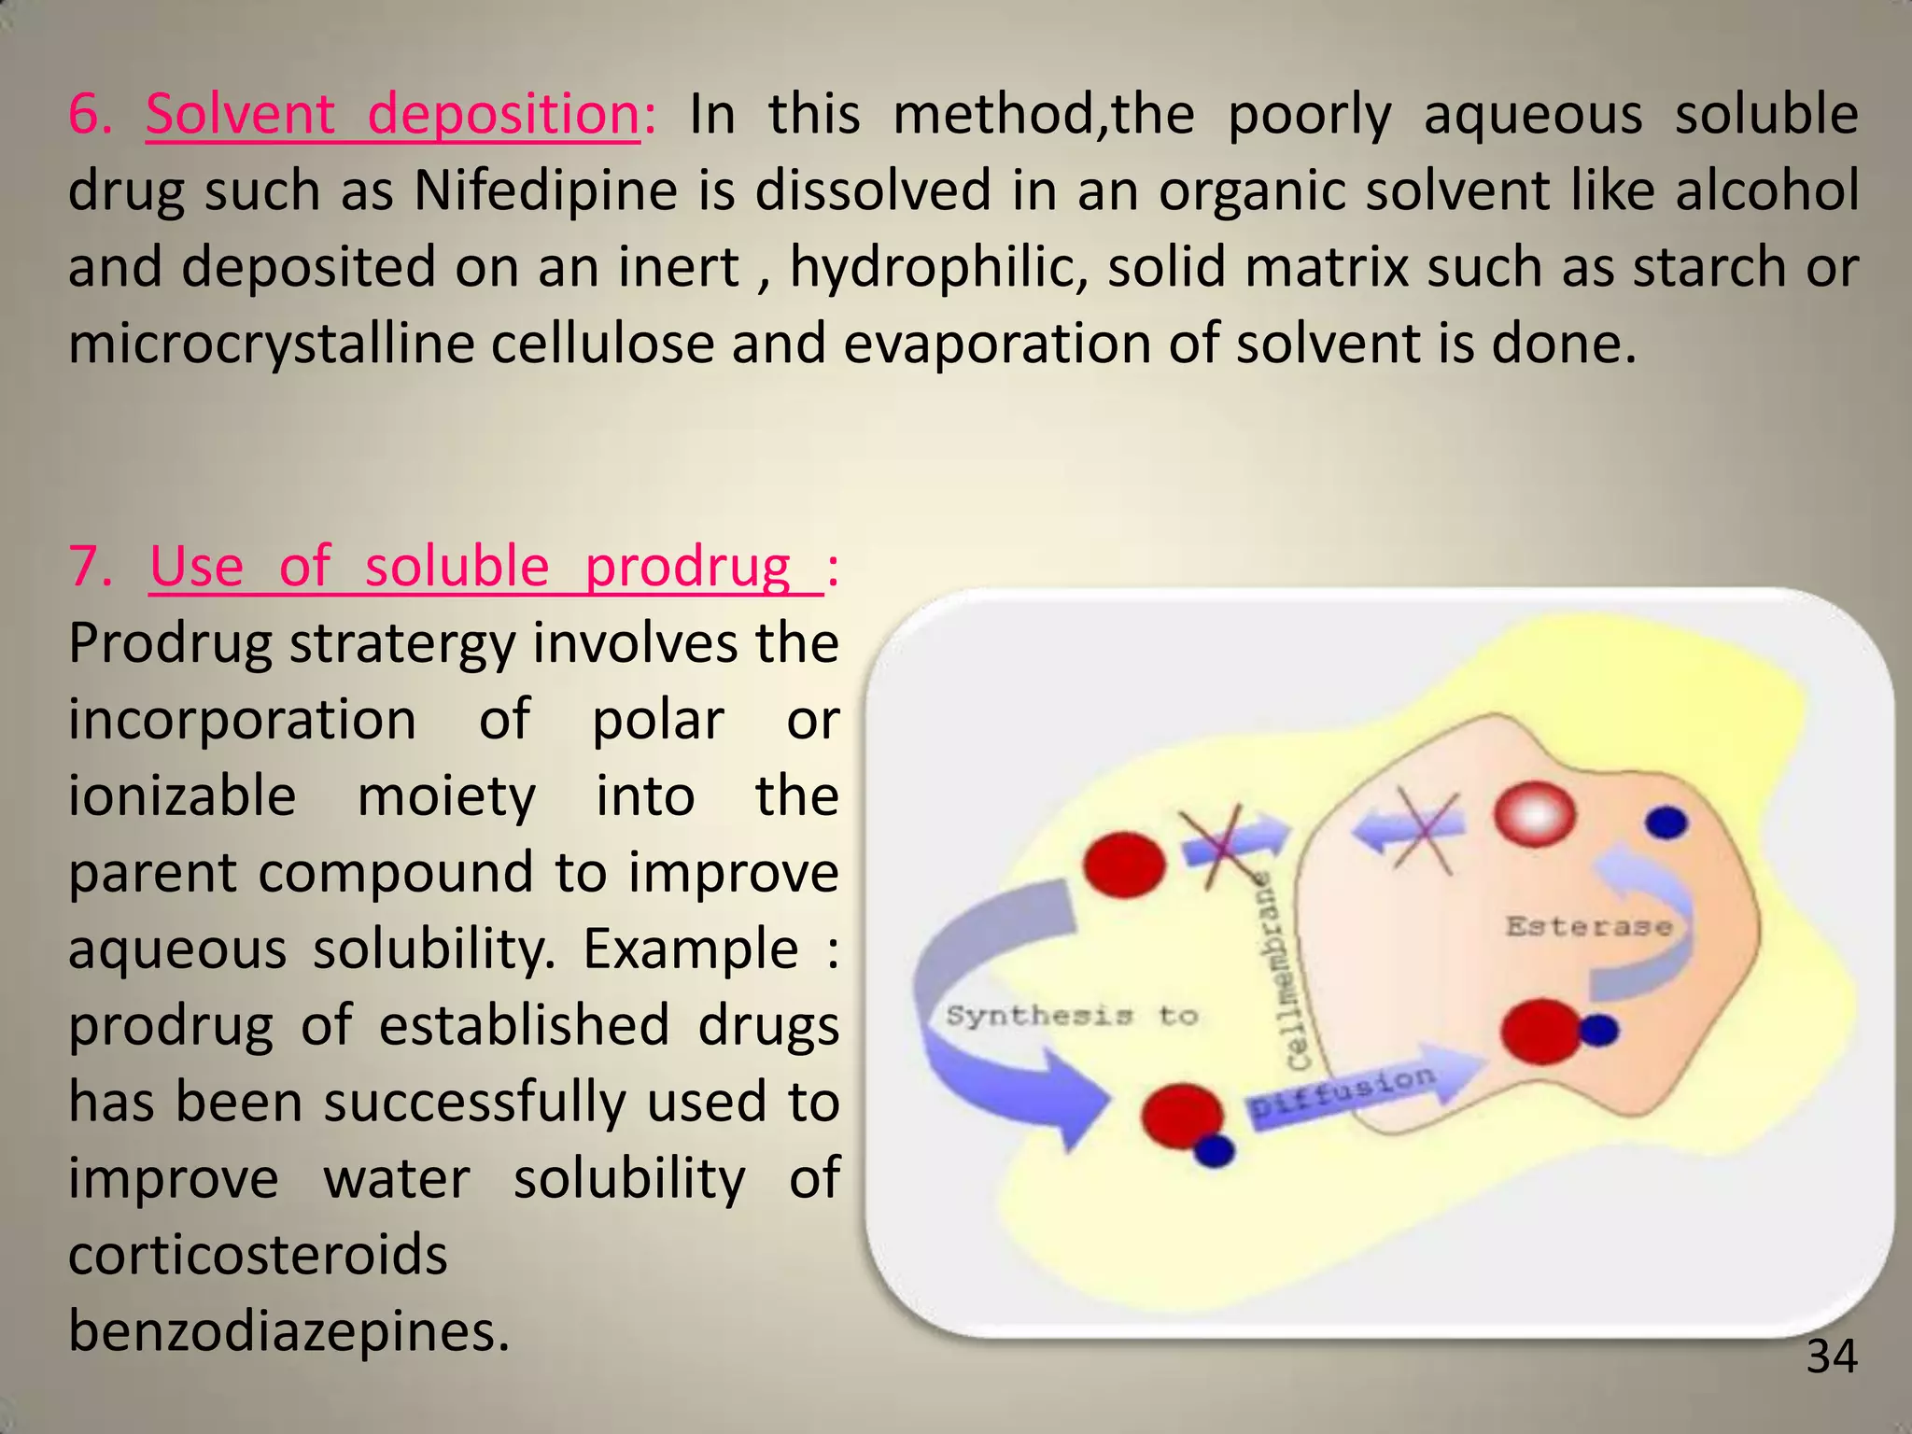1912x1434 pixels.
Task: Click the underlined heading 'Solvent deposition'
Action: pos(392,116)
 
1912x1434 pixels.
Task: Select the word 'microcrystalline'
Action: pos(270,344)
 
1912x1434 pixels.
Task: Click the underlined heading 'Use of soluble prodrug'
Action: pos(485,568)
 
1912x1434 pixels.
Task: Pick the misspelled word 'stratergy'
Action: pos(401,644)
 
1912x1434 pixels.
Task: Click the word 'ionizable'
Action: pos(182,796)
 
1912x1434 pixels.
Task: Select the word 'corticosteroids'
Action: pos(258,1255)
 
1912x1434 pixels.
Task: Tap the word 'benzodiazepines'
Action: pos(288,1331)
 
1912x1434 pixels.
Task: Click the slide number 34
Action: pos(1832,1357)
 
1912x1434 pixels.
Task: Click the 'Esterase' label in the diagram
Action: pos(1588,927)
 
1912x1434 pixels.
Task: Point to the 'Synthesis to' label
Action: pos(1071,1016)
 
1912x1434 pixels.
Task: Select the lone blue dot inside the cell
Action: pos(1666,822)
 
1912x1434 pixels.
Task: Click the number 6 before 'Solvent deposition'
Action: pos(90,116)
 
